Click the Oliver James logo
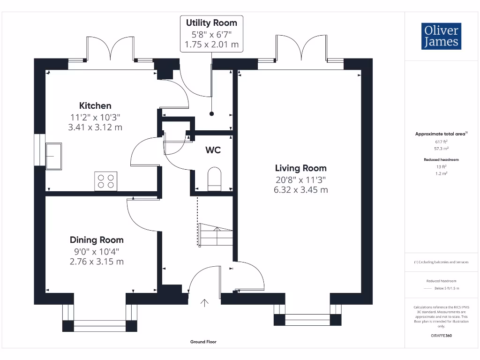tap(441, 36)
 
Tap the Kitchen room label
tap(95, 105)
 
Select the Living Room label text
tap(300, 168)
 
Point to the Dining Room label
tap(97, 240)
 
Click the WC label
tap(213, 150)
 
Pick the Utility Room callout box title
tap(211, 22)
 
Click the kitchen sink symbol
tap(53, 156)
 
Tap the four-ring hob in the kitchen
tap(105, 181)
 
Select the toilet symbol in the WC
tap(214, 179)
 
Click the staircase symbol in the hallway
tap(216, 234)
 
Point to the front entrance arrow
tap(204, 303)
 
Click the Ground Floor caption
tap(203, 342)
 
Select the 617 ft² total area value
tap(441, 142)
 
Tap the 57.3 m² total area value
tap(441, 149)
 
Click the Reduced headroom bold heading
tap(441, 159)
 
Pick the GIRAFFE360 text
tap(441, 336)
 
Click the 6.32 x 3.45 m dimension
tap(300, 190)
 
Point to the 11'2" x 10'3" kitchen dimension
tap(95, 117)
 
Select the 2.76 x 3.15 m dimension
tap(97, 262)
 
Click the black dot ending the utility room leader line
tap(211, 114)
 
